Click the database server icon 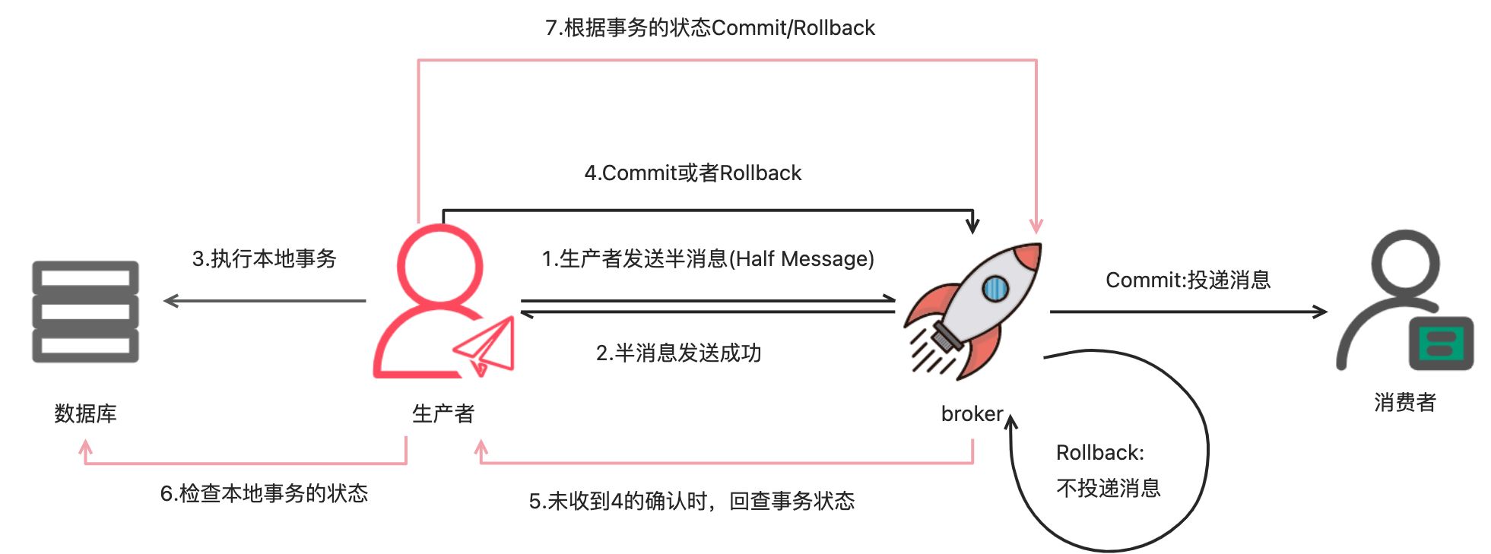[85, 312]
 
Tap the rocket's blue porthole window [995, 288]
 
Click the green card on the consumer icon [1441, 343]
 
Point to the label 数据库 [85, 413]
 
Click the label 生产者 [443, 413]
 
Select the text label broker [972, 413]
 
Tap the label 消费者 [1404, 402]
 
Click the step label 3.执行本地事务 [264, 258]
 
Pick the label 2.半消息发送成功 [678, 353]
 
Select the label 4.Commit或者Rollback [693, 173]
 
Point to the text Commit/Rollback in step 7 [793, 27]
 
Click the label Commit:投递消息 [1188, 280]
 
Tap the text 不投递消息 [1108, 488]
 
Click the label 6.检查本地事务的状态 [264, 493]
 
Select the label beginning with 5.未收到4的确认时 [691, 501]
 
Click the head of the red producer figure [439, 266]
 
